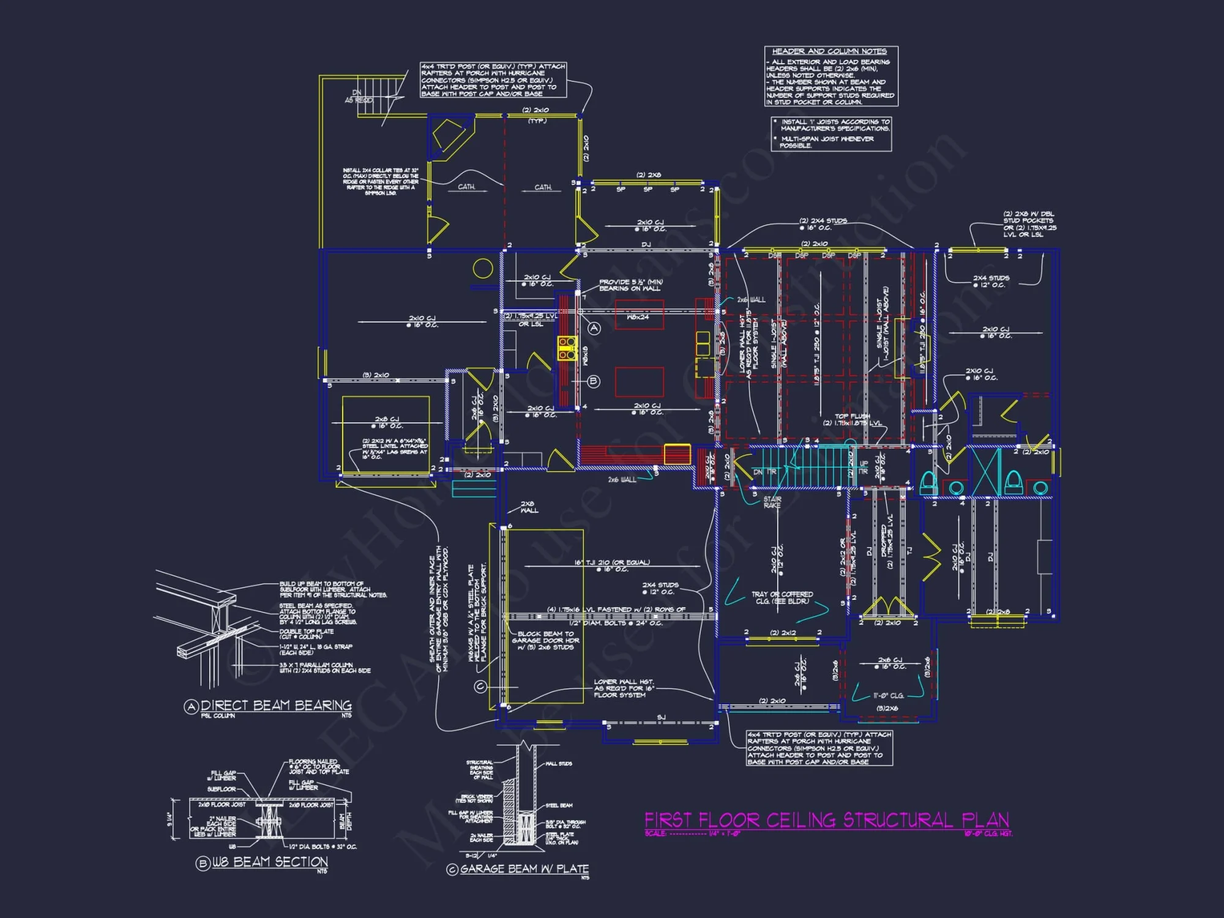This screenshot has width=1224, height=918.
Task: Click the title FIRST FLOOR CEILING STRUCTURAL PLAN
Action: click(826, 819)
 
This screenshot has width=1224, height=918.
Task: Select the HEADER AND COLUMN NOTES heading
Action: click(829, 51)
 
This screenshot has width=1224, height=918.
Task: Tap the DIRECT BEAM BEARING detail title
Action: click(276, 706)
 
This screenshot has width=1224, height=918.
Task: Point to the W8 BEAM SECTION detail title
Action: click(270, 862)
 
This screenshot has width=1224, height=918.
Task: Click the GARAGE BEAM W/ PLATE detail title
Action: click(524, 869)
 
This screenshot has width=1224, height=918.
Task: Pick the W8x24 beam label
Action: click(638, 317)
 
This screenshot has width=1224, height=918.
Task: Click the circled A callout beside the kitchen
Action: click(594, 328)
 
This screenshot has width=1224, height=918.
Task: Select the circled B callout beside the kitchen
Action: click(594, 381)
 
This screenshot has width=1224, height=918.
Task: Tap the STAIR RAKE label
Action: click(772, 502)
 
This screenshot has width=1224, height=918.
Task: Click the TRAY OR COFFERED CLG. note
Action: click(782, 597)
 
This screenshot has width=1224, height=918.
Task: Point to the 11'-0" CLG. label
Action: click(888, 696)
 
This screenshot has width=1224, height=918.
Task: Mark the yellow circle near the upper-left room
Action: click(483, 268)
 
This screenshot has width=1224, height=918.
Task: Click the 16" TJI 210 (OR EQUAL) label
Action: click(611, 562)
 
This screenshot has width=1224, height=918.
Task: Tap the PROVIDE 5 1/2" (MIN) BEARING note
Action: click(630, 285)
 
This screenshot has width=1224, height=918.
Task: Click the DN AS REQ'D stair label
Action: click(358, 97)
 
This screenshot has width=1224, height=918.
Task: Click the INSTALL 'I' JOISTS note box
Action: click(831, 133)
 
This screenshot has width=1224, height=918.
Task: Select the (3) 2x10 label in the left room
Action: click(376, 375)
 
